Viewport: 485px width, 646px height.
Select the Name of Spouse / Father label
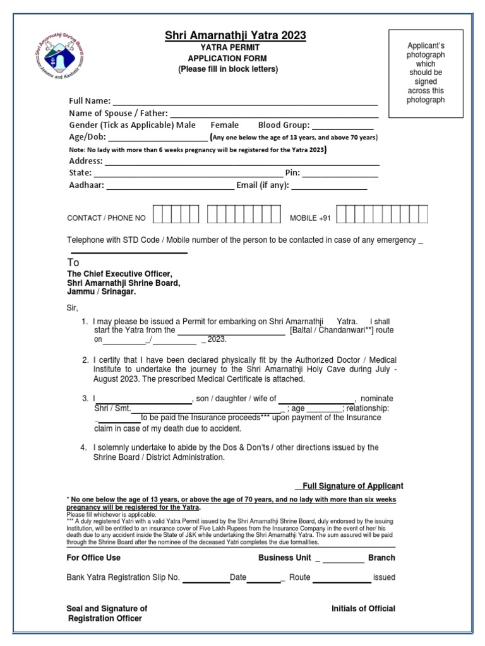(x=118, y=114)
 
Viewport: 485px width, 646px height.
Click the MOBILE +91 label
(x=309, y=218)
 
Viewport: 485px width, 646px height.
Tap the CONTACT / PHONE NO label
(x=106, y=218)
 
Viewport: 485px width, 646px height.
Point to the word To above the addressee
(x=73, y=262)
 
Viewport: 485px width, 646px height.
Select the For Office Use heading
(x=93, y=558)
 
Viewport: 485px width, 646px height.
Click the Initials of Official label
(x=363, y=608)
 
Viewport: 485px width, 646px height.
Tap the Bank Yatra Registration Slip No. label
(x=123, y=577)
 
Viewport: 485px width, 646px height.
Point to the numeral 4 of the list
(x=83, y=447)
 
